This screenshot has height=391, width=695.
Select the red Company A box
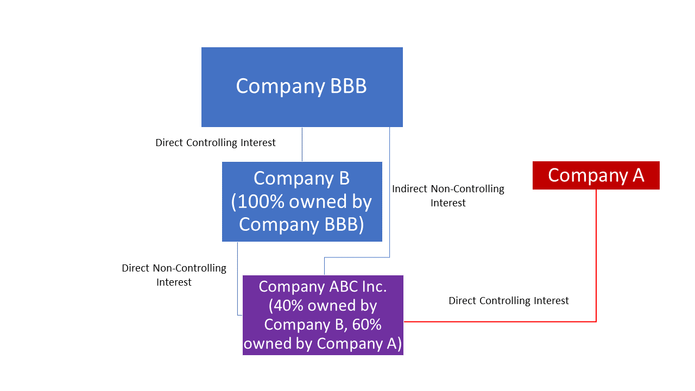click(596, 175)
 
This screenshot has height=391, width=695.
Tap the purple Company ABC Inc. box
click(323, 315)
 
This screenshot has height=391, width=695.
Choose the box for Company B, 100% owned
click(302, 201)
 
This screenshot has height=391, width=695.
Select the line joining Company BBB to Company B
click(302, 144)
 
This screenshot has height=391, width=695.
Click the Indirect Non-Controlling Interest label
click(448, 195)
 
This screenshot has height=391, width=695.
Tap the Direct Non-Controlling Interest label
click(174, 275)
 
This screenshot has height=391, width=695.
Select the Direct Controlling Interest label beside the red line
click(508, 300)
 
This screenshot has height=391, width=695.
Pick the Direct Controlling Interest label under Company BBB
click(215, 142)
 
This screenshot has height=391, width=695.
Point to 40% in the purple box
click(287, 306)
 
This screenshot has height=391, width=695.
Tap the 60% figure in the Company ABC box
click(363, 324)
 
